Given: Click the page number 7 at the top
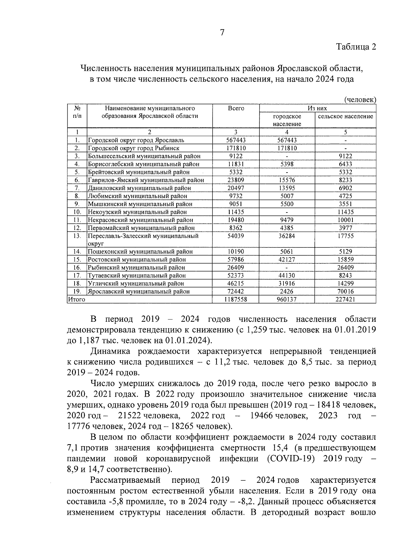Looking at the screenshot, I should tap(222, 32).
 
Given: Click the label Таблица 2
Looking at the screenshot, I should tap(356, 47).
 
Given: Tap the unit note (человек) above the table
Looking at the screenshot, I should tap(360, 99).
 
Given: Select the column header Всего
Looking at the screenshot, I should tap(236, 108).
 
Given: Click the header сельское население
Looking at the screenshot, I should tap(346, 116).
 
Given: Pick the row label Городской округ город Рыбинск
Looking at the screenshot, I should tap(134, 148).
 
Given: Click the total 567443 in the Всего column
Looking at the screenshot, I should tap(236, 140).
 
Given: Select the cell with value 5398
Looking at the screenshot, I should tap(287, 164).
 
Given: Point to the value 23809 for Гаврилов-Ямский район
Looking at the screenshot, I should tap(236, 180).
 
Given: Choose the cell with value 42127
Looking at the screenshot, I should tap(287, 260).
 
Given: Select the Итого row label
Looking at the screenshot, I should tap(76, 299).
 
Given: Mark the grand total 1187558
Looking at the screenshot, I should tap(236, 299).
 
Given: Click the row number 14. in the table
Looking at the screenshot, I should tap(77, 252).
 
